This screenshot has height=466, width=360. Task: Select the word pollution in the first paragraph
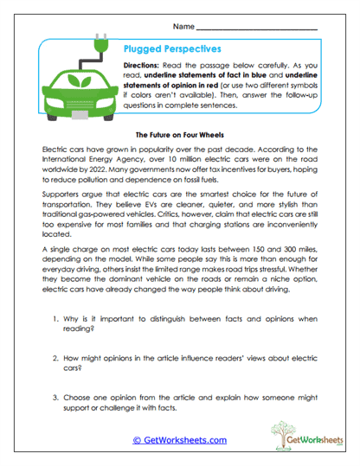click(x=98, y=182)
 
